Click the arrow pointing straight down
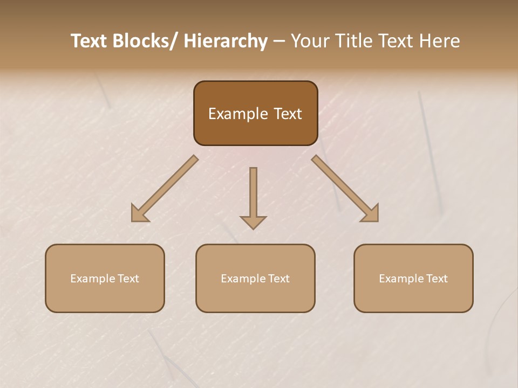(x=253, y=194)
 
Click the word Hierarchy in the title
(x=226, y=41)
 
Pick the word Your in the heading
(x=310, y=41)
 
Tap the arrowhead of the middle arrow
(x=253, y=222)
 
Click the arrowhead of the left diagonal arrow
(x=139, y=214)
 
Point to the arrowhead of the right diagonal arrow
(x=371, y=214)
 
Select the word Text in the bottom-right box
(x=437, y=279)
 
